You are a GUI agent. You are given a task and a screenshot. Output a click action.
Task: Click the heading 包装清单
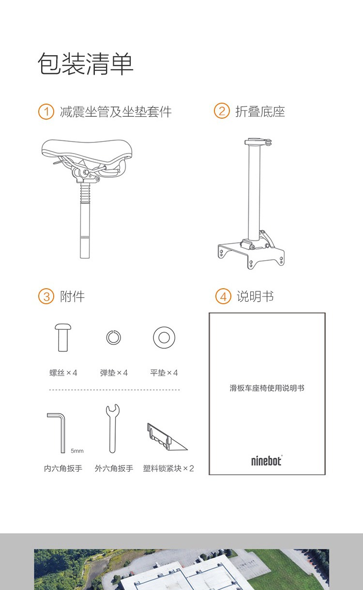pyautogui.click(x=86, y=64)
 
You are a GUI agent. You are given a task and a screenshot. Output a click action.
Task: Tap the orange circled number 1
pyautogui.click(x=46, y=111)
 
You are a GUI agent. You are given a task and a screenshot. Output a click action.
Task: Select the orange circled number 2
pyautogui.click(x=222, y=110)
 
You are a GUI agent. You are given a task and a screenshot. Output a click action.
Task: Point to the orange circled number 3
pyautogui.click(x=46, y=296)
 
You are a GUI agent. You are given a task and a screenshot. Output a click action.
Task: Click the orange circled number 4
pyautogui.click(x=223, y=296)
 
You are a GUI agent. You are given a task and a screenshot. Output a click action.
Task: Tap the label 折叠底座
pyautogui.click(x=260, y=111)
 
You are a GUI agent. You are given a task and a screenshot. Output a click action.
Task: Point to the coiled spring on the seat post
pyautogui.click(x=85, y=193)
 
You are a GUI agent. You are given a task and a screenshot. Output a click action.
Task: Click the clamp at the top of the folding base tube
pyautogui.click(x=257, y=142)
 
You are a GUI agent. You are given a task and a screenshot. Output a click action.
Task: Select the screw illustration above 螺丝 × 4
pyautogui.click(x=63, y=338)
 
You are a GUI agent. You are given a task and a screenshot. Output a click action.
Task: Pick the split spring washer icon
pyautogui.click(x=113, y=338)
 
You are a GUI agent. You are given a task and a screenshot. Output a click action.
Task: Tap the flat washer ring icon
pyautogui.click(x=164, y=338)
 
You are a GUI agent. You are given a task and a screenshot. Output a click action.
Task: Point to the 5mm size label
pyautogui.click(x=77, y=451)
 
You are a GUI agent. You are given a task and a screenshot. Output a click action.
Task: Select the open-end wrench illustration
pyautogui.click(x=113, y=429)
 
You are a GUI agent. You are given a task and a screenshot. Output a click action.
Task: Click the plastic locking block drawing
pyautogui.click(x=167, y=437)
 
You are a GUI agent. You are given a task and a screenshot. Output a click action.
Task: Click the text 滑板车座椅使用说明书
pyautogui.click(x=267, y=388)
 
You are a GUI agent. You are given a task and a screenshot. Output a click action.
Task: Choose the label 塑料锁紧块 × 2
pyautogui.click(x=168, y=468)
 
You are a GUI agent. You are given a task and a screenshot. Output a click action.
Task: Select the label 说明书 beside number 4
pyautogui.click(x=255, y=296)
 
